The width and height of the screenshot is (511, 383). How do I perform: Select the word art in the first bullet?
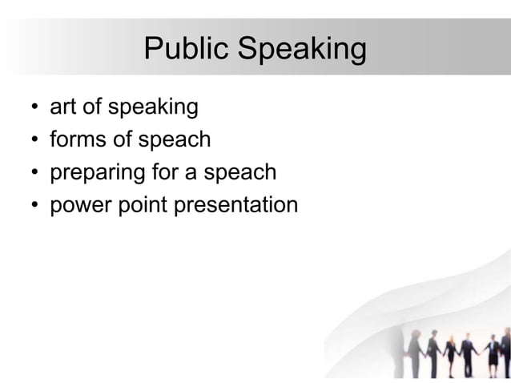click(62, 107)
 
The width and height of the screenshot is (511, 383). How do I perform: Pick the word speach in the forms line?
click(174, 140)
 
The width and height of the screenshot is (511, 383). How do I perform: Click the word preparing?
click(97, 173)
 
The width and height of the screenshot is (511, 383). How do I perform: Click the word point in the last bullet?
click(142, 206)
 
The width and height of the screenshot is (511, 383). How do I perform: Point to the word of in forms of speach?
click(123, 139)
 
